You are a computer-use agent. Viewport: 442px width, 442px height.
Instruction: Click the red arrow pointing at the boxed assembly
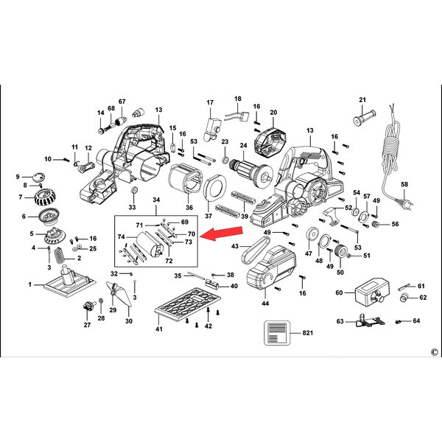(x=222, y=233)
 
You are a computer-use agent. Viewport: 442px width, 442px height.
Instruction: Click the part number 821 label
(x=307, y=333)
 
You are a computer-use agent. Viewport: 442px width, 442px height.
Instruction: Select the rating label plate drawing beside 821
(x=277, y=333)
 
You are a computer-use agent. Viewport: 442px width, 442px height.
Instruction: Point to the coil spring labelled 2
(x=60, y=255)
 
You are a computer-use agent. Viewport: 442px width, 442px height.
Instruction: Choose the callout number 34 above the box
(x=156, y=200)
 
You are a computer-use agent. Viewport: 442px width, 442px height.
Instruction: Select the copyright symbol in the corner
(x=435, y=352)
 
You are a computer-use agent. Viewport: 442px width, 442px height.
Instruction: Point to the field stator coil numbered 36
(x=185, y=178)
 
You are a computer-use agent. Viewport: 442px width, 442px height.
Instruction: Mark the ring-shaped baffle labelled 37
(x=215, y=187)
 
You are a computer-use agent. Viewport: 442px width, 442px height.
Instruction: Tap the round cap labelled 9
(x=39, y=177)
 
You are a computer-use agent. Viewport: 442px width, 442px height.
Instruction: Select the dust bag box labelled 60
(x=372, y=292)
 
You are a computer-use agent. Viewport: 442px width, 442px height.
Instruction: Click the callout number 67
(x=122, y=102)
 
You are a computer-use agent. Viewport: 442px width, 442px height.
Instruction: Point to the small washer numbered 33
(x=134, y=190)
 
